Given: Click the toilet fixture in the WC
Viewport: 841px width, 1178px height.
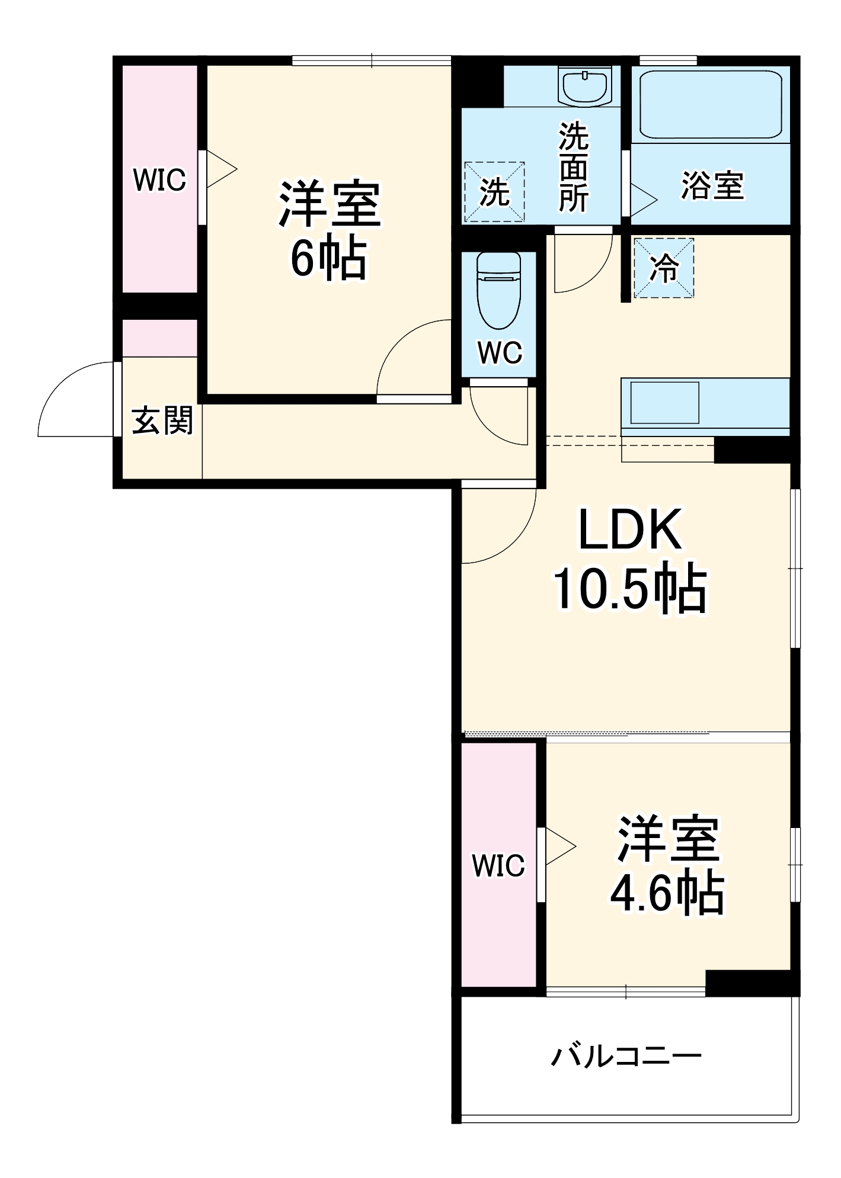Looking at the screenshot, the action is (498, 291).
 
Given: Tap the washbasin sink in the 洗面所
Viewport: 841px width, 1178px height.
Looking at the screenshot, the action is (586, 86).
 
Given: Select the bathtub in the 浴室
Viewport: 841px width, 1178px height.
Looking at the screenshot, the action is (710, 105).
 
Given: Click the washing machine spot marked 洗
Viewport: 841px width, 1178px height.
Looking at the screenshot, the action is (494, 192).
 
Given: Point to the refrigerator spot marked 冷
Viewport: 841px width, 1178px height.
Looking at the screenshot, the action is (664, 268).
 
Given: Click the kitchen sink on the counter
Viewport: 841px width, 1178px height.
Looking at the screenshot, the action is (665, 403).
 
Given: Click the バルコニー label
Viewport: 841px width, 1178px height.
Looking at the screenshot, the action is (626, 1055).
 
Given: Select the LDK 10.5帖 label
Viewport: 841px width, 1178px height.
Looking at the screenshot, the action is (630, 559).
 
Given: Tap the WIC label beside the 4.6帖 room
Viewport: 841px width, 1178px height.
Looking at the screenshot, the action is (498, 865).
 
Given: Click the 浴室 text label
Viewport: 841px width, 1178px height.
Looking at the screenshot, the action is (712, 185).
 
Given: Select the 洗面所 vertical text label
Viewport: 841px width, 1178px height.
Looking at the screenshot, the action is (574, 166).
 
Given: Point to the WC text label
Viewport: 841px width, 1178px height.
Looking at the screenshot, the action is (500, 353).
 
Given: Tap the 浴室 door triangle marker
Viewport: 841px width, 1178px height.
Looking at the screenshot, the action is (644, 200).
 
